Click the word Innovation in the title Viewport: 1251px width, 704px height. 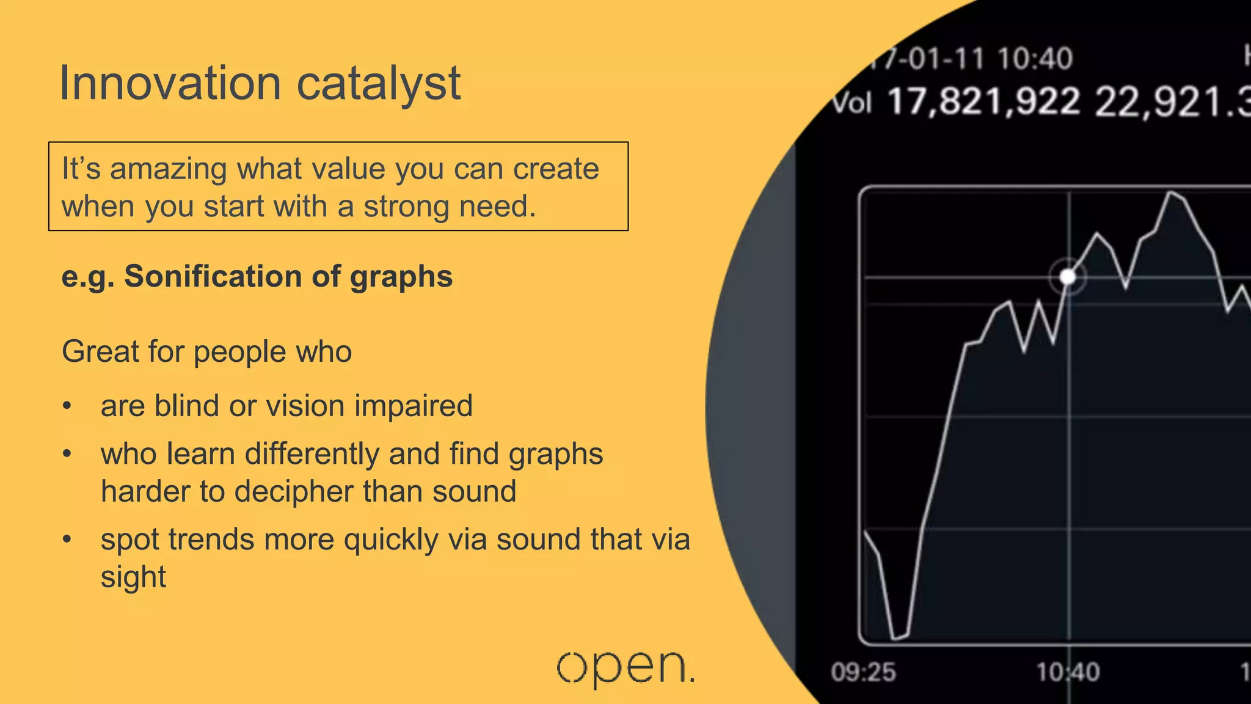(x=170, y=83)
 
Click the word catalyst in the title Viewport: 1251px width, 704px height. (x=378, y=84)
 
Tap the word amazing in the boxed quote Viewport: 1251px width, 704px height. (x=169, y=169)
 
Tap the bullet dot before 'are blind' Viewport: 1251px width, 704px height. (x=67, y=406)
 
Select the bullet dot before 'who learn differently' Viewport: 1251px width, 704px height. (x=67, y=454)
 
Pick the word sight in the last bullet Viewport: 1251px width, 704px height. (x=133, y=577)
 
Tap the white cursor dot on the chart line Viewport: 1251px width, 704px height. (x=1068, y=277)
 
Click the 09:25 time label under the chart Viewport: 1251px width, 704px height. (x=863, y=672)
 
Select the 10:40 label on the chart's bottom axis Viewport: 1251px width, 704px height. (x=1068, y=672)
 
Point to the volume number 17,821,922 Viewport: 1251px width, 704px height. (x=983, y=101)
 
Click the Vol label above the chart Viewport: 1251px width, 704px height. (x=852, y=103)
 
